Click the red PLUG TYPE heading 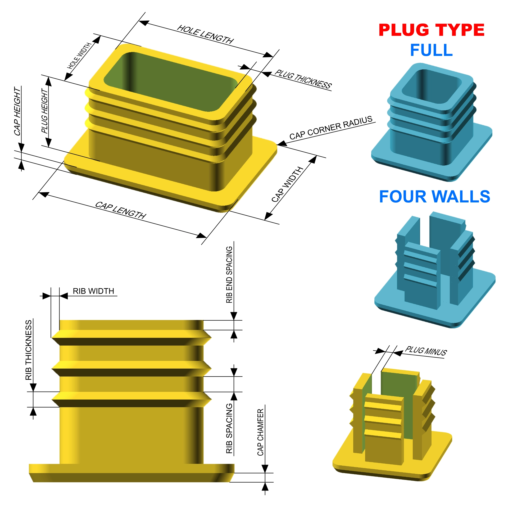click(431, 30)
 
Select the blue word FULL click(431, 50)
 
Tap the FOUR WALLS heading click(434, 197)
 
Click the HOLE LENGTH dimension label click(205, 34)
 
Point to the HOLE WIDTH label click(79, 56)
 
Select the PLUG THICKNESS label click(303, 79)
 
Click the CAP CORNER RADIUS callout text click(331, 128)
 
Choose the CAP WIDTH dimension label click(287, 184)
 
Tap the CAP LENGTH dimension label click(121, 210)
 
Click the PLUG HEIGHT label click(45, 111)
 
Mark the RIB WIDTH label click(93, 291)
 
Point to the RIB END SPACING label click(229, 275)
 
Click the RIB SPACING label click(229, 428)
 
